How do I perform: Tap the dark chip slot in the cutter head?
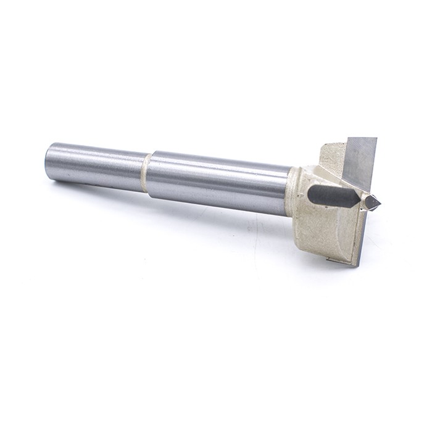click(333, 195)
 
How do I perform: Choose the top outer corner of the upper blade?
click(375, 139)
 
